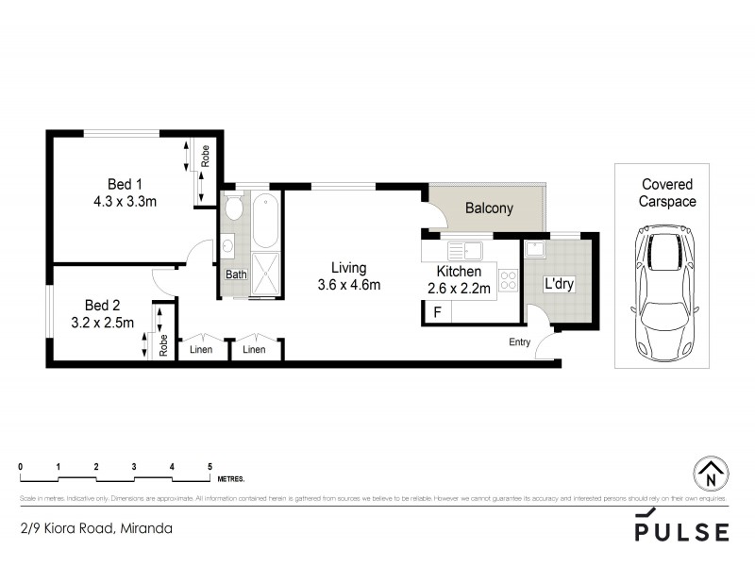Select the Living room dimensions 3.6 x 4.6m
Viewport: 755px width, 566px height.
[348, 284]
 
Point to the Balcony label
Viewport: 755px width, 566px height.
[489, 208]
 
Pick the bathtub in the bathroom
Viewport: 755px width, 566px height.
[265, 219]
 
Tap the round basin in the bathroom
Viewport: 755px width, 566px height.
[228, 247]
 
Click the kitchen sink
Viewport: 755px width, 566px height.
[466, 250]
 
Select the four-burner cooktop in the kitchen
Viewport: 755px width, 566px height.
[508, 280]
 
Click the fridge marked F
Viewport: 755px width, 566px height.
[436, 311]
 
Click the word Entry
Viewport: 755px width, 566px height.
[519, 341]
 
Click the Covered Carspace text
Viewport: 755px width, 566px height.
[667, 193]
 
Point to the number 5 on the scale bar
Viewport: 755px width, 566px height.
[210, 467]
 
